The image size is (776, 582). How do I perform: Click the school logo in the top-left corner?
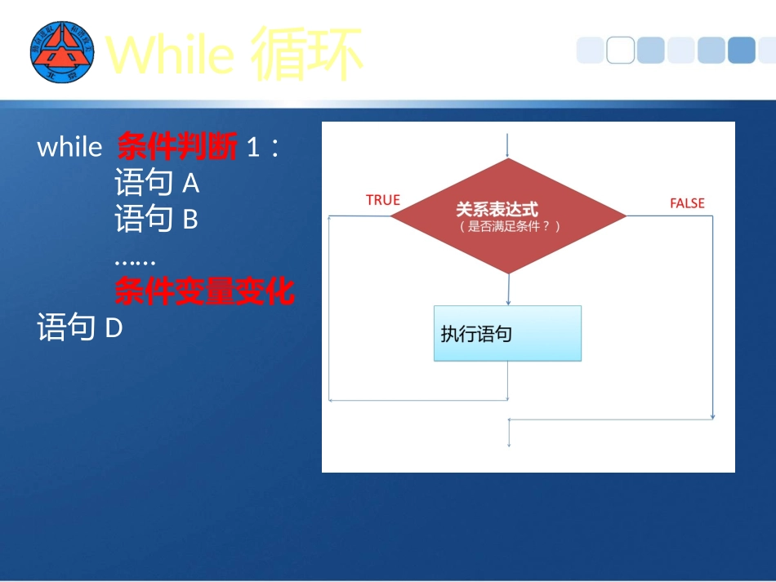coord(62,52)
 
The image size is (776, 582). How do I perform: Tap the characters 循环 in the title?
coord(306,54)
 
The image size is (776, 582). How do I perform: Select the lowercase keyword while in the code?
coord(69,147)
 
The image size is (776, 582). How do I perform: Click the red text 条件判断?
coord(177,147)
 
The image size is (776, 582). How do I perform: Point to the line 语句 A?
coord(157,184)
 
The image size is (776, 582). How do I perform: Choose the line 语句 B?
coord(157,220)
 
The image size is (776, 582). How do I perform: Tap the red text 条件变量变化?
coord(204,291)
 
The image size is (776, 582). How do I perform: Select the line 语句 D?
coord(80,328)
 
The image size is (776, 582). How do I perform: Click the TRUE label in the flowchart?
coord(383,200)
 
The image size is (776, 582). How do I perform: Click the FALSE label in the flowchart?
coord(687,203)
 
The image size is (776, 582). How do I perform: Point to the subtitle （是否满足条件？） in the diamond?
coord(509,227)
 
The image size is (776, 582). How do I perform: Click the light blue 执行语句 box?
coord(507,333)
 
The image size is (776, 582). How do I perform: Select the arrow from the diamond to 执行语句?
coord(508,290)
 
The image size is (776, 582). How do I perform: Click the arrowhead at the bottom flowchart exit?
coord(509,443)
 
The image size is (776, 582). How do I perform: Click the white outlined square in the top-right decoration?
coord(621,51)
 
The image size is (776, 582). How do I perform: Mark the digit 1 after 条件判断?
coord(253,148)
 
